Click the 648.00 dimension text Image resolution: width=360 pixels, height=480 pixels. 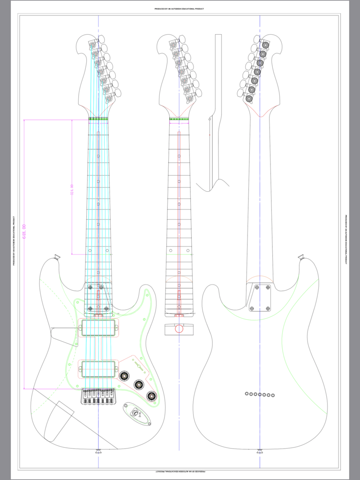point(24,232)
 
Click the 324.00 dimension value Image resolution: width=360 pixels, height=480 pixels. point(72,191)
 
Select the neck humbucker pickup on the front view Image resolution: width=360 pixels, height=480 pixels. point(98,328)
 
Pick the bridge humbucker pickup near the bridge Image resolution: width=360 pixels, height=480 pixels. point(98,369)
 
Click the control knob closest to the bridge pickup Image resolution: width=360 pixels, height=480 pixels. point(124,375)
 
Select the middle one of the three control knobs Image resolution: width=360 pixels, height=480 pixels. point(138,385)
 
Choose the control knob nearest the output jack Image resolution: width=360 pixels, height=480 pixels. point(151,396)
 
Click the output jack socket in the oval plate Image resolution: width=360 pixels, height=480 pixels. point(136,413)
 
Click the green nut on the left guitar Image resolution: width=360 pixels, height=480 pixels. point(98,119)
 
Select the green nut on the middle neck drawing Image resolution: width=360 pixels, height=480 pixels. point(179,119)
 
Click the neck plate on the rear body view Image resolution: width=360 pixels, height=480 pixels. point(260,298)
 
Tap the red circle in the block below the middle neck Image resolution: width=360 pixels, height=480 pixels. point(179,328)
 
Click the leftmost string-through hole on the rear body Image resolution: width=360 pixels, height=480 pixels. point(247,394)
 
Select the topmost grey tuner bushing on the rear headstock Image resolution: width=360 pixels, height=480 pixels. point(265,45)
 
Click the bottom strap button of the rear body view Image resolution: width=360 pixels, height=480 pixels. point(260,451)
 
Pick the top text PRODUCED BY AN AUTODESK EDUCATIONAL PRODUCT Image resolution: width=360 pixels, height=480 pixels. point(180,8)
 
